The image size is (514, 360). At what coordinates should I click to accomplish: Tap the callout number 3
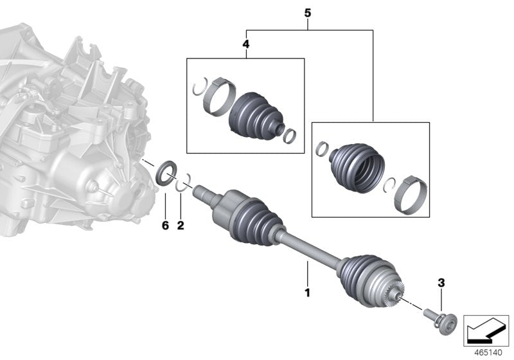pos(441,283)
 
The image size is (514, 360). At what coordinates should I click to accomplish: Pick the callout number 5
pos(308,12)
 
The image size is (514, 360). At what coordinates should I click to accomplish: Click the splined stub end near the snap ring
pos(204,191)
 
